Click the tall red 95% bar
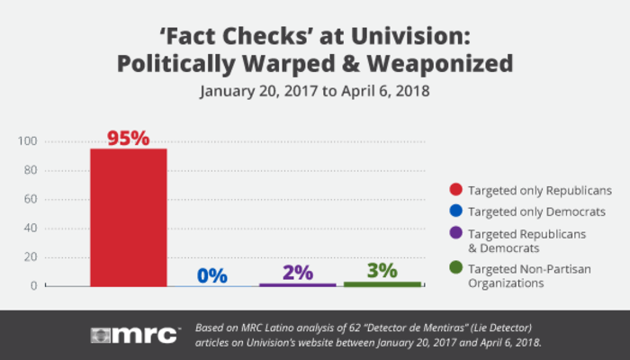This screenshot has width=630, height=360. (x=128, y=216)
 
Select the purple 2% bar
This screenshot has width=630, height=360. (x=297, y=284)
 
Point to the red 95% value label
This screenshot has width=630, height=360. (x=128, y=138)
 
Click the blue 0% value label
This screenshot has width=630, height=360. (x=212, y=275)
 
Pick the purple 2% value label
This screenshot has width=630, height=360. (x=297, y=271)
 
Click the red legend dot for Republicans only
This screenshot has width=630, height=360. (x=456, y=190)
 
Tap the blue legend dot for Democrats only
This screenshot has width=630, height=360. (x=456, y=212)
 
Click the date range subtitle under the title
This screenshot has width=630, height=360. (x=314, y=91)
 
